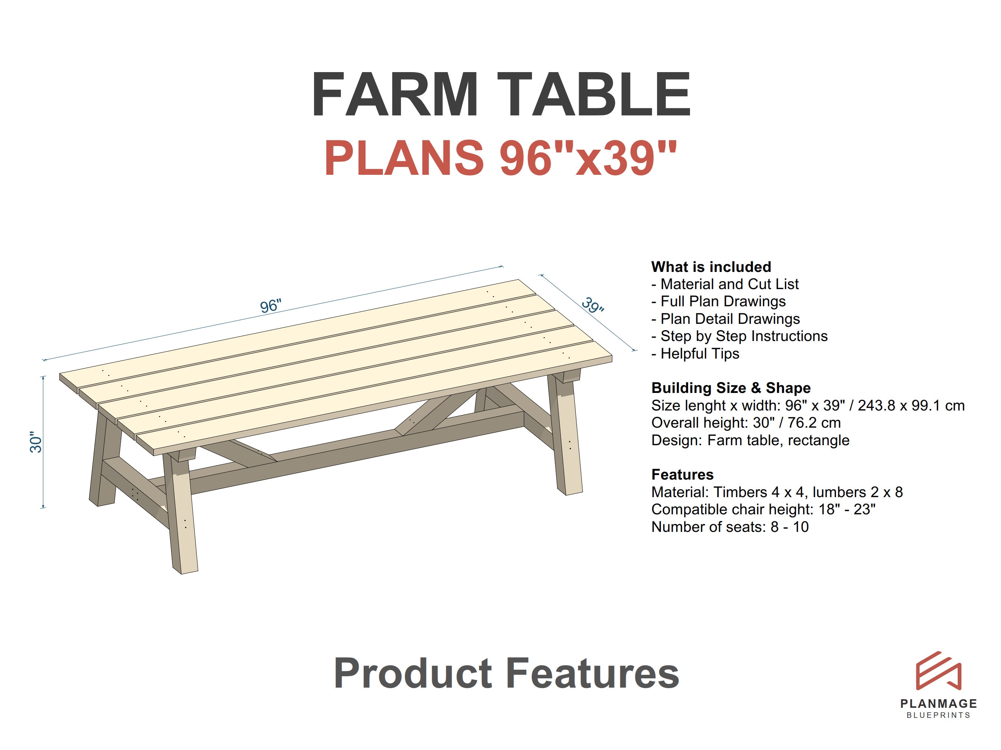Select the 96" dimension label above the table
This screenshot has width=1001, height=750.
[x=271, y=306]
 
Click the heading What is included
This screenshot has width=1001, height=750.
[x=711, y=267]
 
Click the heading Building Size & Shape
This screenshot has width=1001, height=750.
[x=730, y=388]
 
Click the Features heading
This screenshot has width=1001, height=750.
[x=683, y=474]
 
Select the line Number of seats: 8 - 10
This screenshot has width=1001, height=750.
[x=730, y=527]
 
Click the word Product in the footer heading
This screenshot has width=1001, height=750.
[x=412, y=673]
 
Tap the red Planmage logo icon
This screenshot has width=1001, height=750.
[x=939, y=671]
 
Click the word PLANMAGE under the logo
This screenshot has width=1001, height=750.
[x=939, y=703]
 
